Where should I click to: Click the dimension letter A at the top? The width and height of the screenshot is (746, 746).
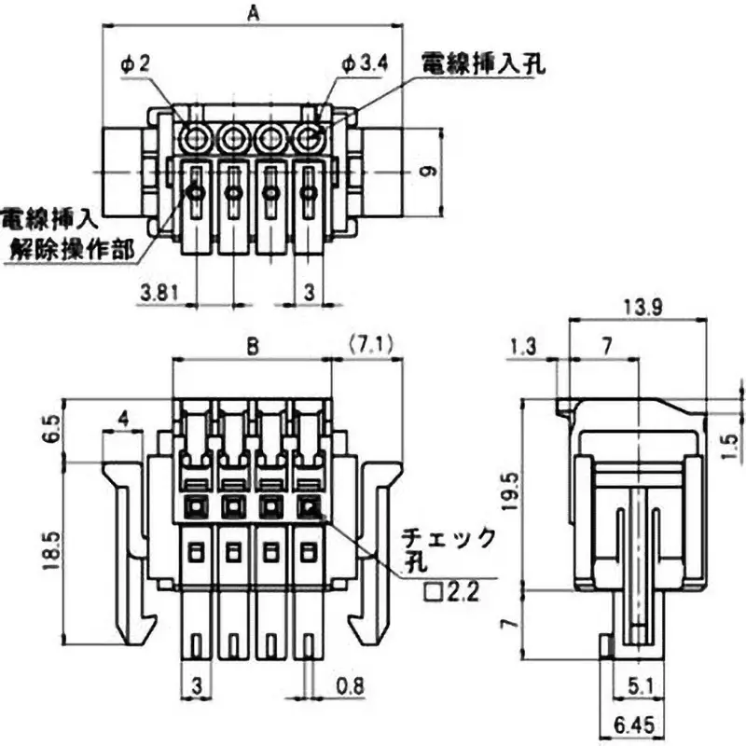[252, 13]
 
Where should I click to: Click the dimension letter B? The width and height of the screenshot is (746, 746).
[252, 346]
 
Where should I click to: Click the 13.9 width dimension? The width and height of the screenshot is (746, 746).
[642, 307]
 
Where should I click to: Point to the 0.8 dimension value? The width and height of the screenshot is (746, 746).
[350, 686]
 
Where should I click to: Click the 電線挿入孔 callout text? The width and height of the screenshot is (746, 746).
[483, 63]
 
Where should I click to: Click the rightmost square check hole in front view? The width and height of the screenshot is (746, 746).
[308, 507]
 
